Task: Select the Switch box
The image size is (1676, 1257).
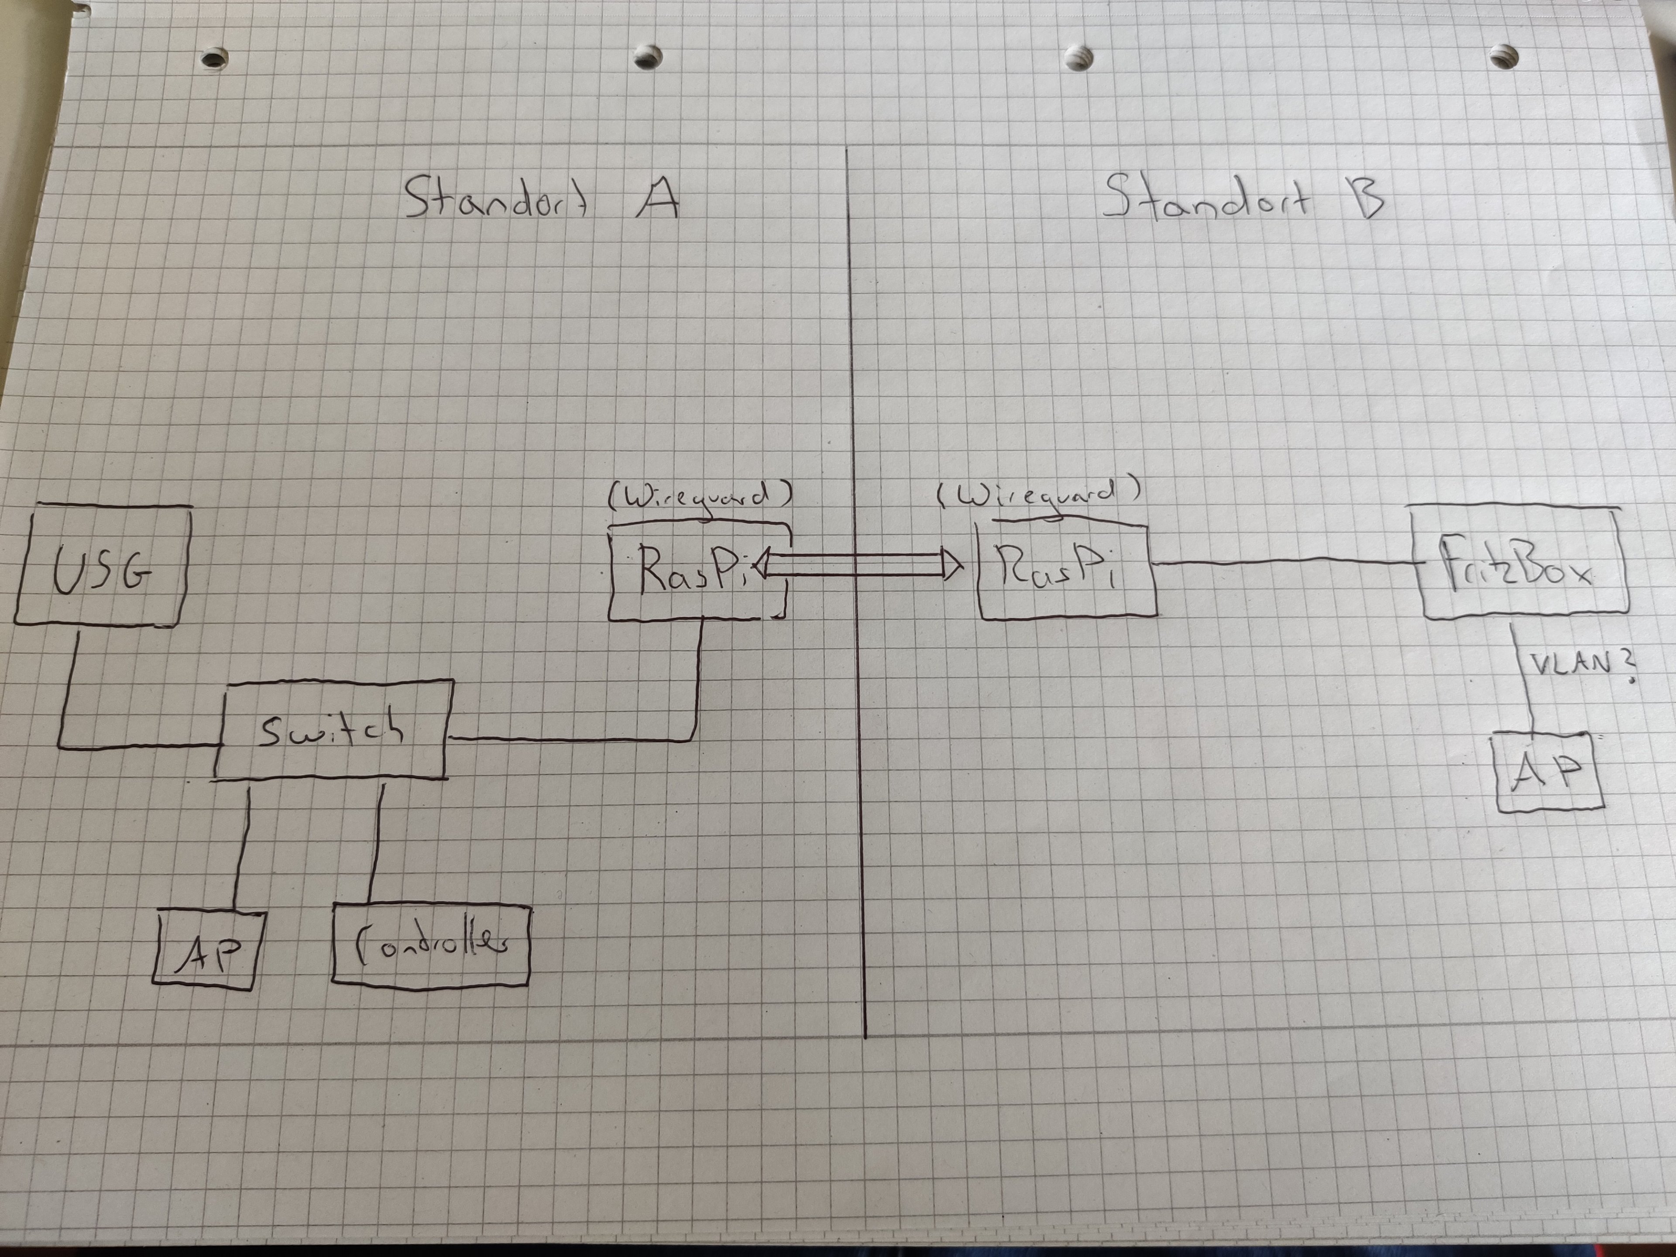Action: (x=333, y=729)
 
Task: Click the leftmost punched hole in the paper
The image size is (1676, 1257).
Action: (x=214, y=58)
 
